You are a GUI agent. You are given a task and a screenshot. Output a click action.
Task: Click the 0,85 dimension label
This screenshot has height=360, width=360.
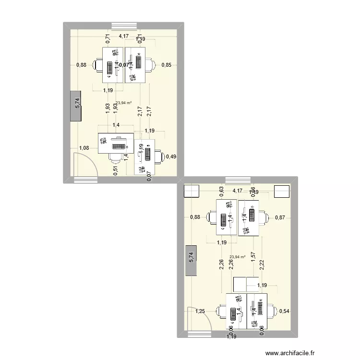click(x=167, y=65)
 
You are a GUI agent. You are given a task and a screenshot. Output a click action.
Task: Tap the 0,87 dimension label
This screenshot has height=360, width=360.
click(x=280, y=217)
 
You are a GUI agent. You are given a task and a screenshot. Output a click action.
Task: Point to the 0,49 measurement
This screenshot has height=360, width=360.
click(x=171, y=156)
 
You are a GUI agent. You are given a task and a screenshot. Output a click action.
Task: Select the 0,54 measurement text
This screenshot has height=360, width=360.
click(x=284, y=311)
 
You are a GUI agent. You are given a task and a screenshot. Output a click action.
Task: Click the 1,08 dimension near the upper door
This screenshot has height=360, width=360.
click(x=84, y=148)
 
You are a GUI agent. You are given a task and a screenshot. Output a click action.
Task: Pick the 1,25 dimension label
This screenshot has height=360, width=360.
click(x=200, y=312)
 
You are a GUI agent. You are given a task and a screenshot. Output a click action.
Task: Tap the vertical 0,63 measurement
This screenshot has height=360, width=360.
click(x=222, y=192)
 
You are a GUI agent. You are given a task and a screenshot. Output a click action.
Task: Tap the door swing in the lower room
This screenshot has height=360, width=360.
click(x=200, y=319)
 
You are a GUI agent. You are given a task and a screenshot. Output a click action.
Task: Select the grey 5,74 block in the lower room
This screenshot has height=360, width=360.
click(x=191, y=259)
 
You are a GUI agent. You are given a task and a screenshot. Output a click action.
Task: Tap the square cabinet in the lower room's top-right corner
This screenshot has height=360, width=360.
click(x=282, y=191)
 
